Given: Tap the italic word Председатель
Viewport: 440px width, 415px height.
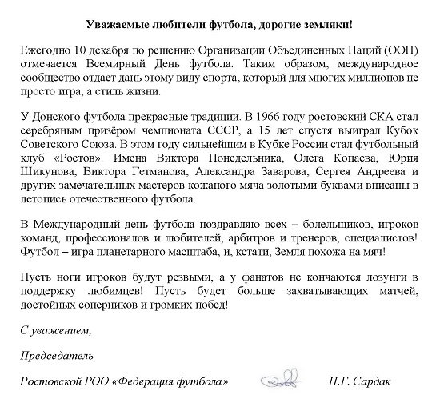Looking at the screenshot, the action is pyautogui.click(x=57, y=354).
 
